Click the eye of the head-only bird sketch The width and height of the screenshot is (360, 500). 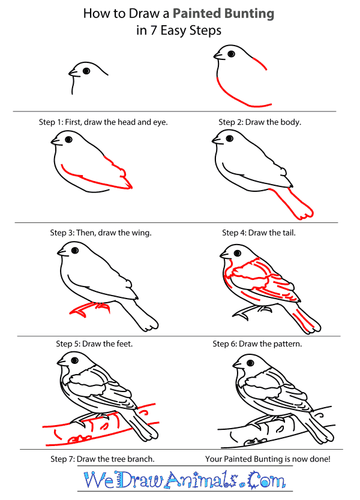86,71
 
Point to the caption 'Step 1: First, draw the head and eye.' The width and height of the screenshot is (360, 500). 103,122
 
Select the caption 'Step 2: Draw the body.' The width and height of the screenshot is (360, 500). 260,122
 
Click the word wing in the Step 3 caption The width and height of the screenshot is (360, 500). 142,233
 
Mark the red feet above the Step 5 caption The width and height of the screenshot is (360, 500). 90,309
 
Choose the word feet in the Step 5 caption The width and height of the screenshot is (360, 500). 125,344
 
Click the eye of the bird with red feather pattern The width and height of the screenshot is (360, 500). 238,254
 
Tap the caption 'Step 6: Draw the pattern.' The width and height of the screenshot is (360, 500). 257,344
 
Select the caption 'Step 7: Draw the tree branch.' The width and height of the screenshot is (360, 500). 103,459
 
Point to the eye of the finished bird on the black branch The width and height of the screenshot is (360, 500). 250,363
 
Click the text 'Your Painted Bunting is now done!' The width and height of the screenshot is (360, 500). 268,459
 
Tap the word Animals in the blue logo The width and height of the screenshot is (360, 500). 202,480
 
